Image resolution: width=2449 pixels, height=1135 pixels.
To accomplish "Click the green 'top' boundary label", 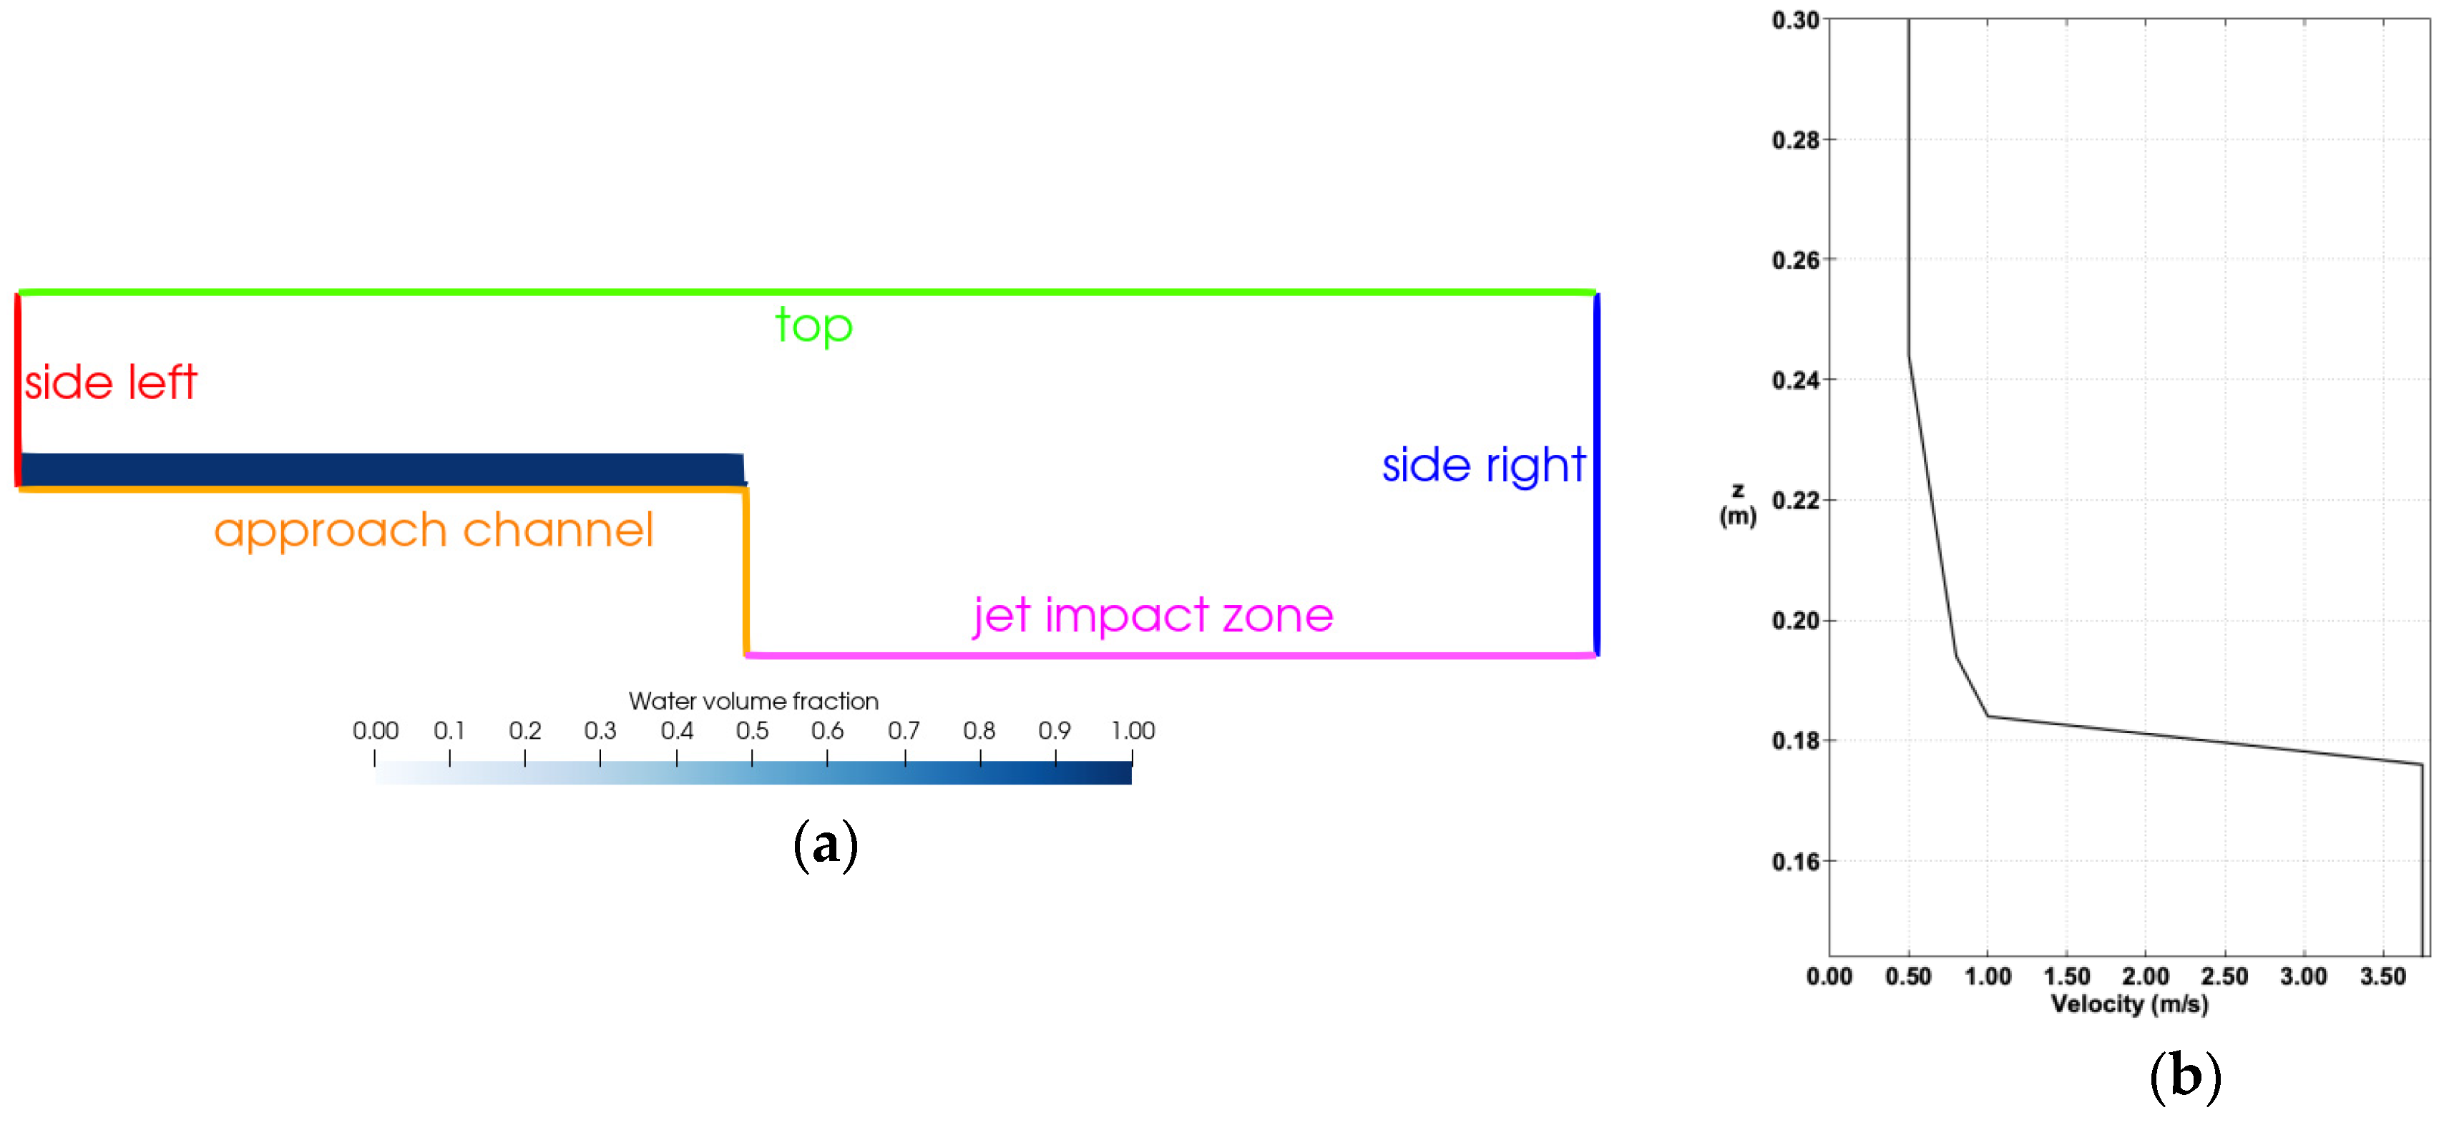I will tap(813, 326).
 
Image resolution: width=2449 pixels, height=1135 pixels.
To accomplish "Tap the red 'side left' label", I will tap(110, 383).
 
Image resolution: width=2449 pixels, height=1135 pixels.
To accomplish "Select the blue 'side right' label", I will tap(1483, 466).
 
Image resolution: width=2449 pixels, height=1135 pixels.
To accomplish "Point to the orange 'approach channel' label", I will tap(434, 531).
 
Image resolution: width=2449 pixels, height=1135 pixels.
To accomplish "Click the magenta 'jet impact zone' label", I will tap(1153, 616).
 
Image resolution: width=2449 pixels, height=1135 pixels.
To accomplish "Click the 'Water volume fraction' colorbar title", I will tap(753, 702).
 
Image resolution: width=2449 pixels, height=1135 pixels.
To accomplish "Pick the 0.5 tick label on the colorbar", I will tap(752, 731).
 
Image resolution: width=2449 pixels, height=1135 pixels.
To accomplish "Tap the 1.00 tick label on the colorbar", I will tap(1133, 731).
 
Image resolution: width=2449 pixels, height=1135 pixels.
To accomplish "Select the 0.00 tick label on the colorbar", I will tap(376, 731).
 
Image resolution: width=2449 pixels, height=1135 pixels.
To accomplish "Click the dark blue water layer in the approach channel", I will tap(381, 470).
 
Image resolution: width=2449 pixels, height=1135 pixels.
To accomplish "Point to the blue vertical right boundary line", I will tap(1596, 476).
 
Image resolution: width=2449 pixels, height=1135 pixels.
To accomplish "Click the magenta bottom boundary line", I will tap(1169, 655).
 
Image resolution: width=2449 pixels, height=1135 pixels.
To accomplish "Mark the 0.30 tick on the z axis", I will tap(1795, 20).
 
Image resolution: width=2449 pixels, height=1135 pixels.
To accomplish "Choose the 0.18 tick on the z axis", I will tap(1795, 740).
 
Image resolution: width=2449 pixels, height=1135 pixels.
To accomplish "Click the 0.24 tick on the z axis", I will tap(1795, 380).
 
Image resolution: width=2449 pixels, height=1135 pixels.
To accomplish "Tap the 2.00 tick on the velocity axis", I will tap(2145, 976).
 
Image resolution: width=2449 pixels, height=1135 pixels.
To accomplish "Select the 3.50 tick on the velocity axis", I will tap(2382, 976).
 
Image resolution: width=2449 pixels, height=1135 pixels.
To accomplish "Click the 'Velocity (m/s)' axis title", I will tap(2130, 1004).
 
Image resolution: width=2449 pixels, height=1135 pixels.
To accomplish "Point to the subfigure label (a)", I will tap(825, 844).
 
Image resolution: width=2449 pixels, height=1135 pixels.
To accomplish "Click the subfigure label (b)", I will tap(2185, 1076).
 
